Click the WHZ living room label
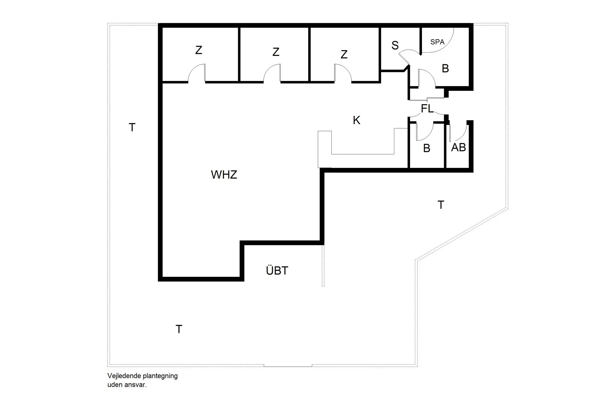pyautogui.click(x=224, y=175)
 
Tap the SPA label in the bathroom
pyautogui.click(x=437, y=42)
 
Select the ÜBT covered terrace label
pyautogui.click(x=277, y=270)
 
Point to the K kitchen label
pyautogui.click(x=356, y=120)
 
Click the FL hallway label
pyautogui.click(x=427, y=109)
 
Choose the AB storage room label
pyautogui.click(x=458, y=147)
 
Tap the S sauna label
pyautogui.click(x=395, y=46)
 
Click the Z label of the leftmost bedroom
pyautogui.click(x=199, y=50)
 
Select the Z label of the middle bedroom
pyautogui.click(x=276, y=52)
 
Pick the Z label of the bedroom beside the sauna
pyautogui.click(x=344, y=55)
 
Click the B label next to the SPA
pyautogui.click(x=445, y=68)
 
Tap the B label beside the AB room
pyautogui.click(x=426, y=148)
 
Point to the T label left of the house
pyautogui.click(x=132, y=127)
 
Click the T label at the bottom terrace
pyautogui.click(x=179, y=329)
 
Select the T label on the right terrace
pyautogui.click(x=441, y=205)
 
